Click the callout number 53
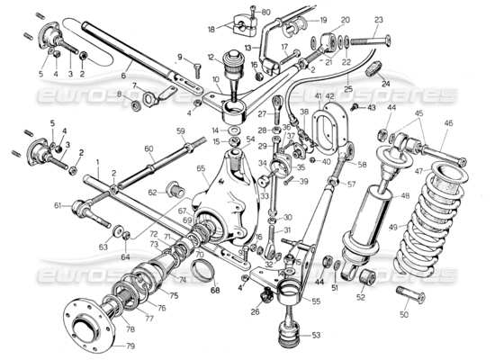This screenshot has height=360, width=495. point(315,335)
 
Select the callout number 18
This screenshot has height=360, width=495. point(210,29)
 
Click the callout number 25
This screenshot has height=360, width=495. point(347,90)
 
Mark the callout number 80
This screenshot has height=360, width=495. point(265,11)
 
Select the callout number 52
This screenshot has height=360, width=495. point(361,297)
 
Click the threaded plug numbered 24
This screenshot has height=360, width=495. point(379,69)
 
